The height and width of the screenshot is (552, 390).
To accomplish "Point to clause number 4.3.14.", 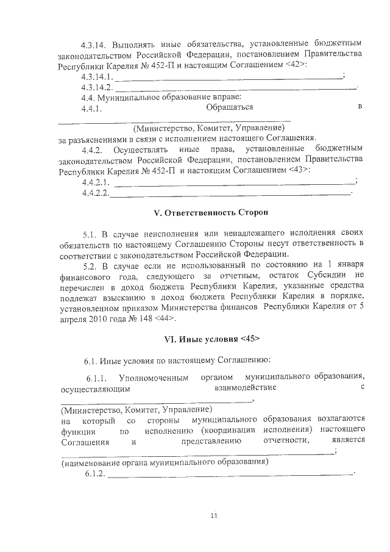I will coord(97,44).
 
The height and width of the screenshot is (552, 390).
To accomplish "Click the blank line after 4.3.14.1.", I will coord(229,78).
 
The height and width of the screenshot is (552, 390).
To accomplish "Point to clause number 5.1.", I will coord(90,234).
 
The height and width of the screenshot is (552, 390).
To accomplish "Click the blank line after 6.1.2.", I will coord(230,474).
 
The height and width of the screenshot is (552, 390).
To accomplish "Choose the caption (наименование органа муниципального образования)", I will coord(165,462).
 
